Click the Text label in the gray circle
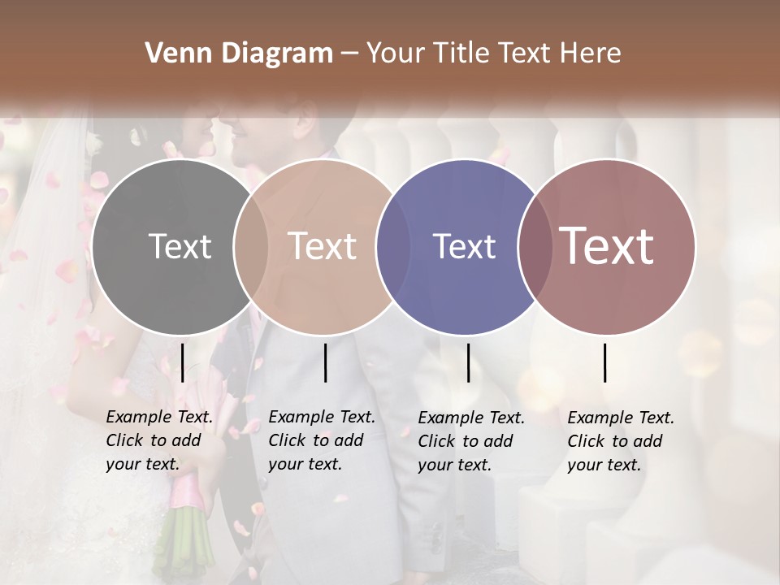[180, 246]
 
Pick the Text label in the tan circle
[323, 246]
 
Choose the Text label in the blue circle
[465, 246]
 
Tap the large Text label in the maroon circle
[607, 246]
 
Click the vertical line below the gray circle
[182, 362]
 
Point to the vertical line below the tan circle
[325, 362]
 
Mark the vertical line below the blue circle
[468, 362]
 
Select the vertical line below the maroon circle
[605, 362]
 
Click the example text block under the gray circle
[159, 440]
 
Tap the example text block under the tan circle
[322, 440]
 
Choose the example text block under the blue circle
[471, 441]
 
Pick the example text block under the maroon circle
[621, 441]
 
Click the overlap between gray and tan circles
[250, 246]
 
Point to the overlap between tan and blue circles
[392, 246]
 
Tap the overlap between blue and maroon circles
[535, 246]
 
